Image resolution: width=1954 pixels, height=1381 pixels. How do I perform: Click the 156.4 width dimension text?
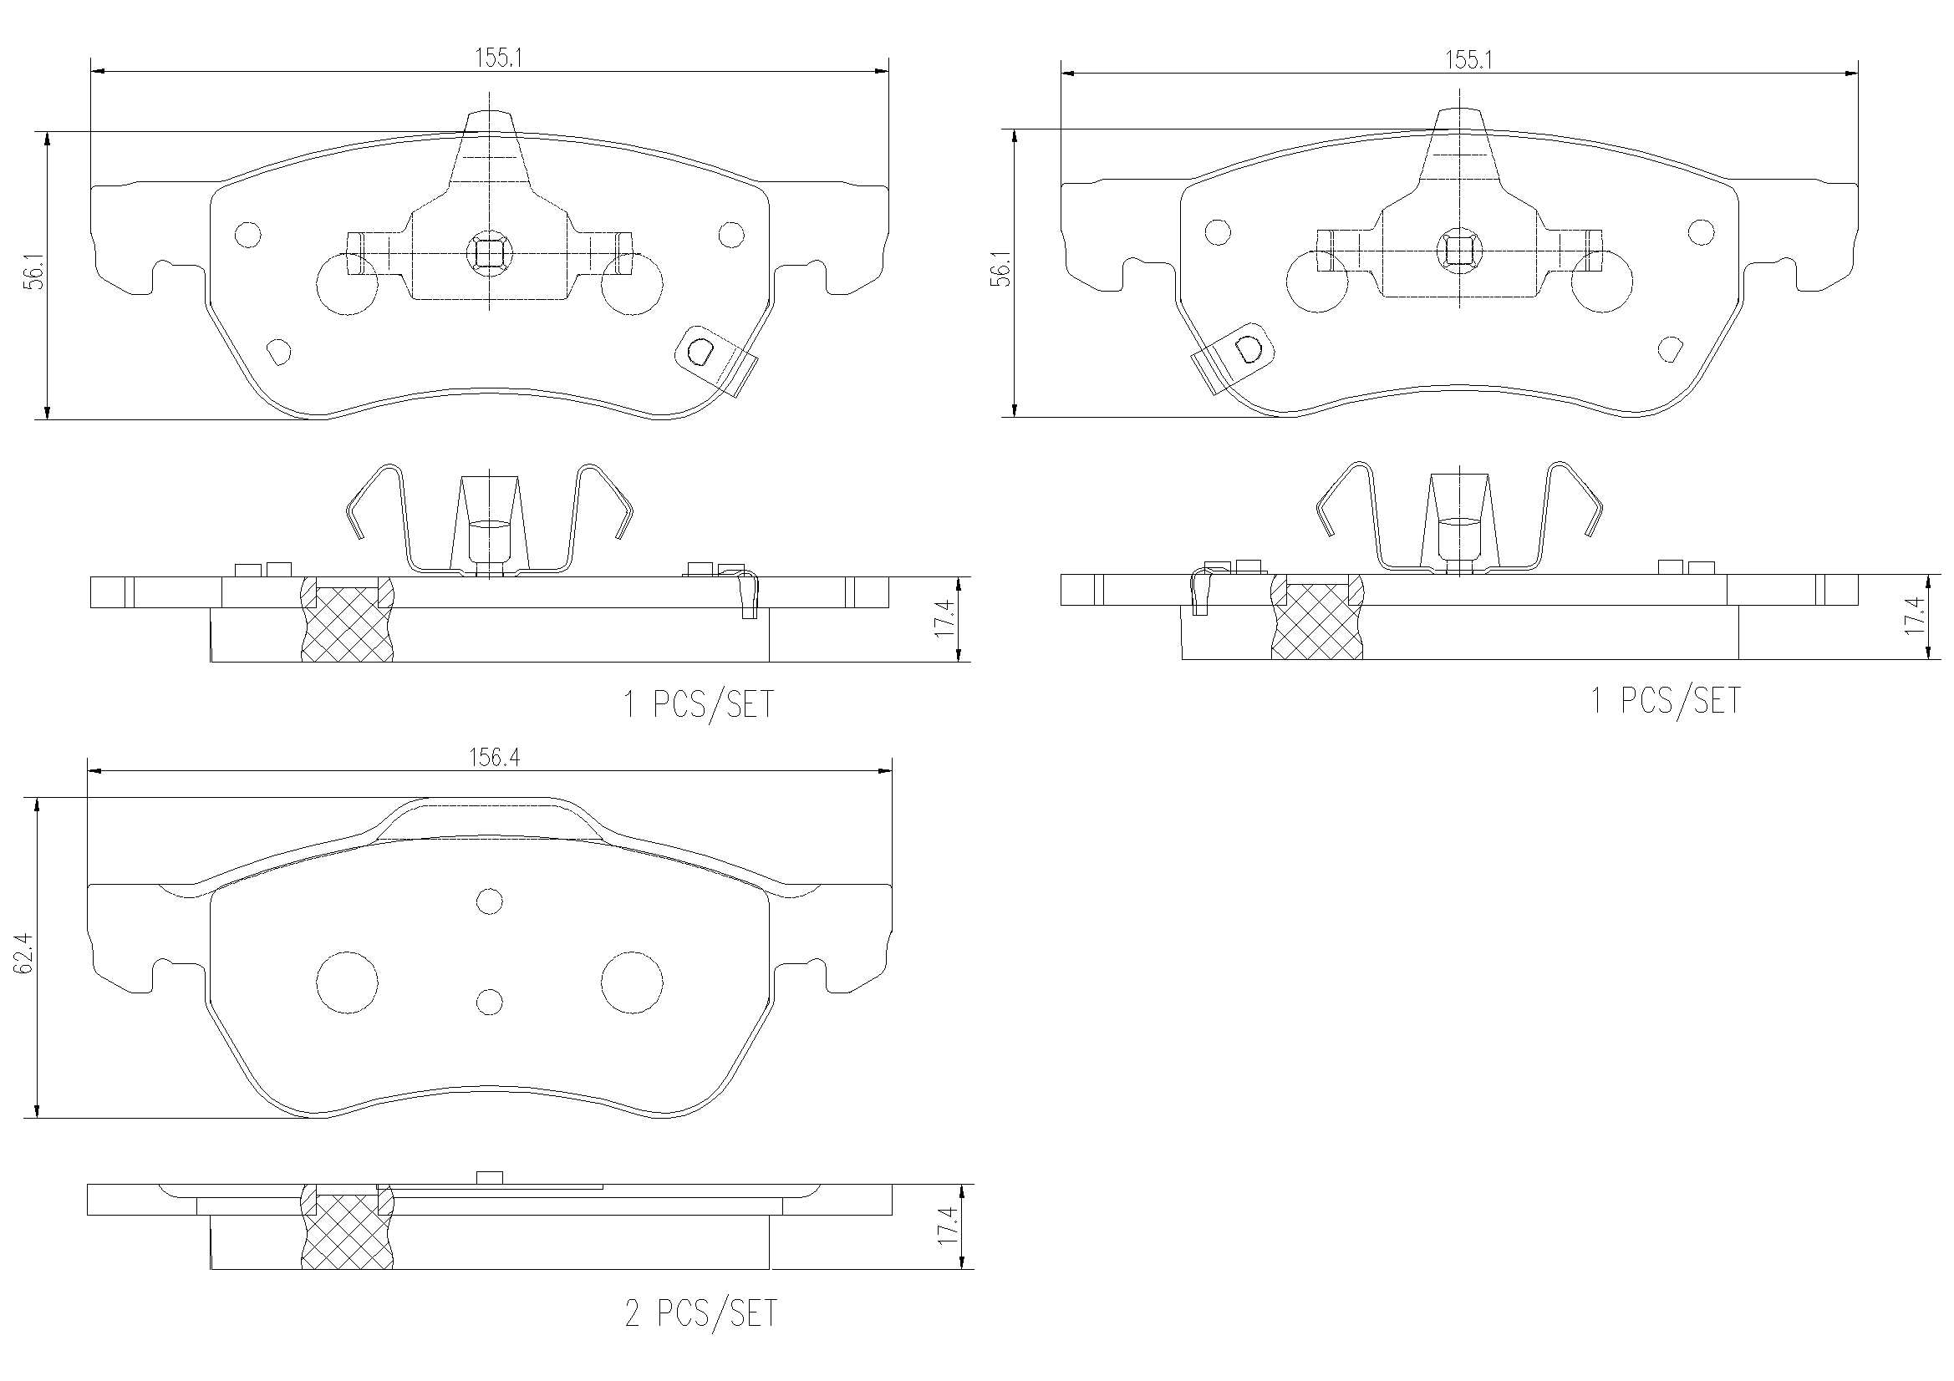(x=495, y=757)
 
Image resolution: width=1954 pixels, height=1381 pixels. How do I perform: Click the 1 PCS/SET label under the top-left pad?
(x=699, y=704)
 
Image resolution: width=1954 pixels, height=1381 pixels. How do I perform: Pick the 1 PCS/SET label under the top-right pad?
(x=1666, y=700)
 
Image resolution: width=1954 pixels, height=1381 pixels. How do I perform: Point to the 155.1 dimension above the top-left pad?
(x=498, y=58)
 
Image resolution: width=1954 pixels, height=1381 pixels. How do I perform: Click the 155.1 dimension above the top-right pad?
(x=1469, y=59)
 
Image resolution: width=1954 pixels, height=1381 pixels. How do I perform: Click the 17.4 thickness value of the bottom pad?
(x=947, y=1227)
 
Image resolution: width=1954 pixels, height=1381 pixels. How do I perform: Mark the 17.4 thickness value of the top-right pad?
(x=1914, y=615)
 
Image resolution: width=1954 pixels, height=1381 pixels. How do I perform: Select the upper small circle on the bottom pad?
(x=490, y=901)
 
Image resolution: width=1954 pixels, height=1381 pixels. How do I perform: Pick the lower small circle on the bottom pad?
(x=490, y=1002)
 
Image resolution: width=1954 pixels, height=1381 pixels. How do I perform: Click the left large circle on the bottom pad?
(x=346, y=982)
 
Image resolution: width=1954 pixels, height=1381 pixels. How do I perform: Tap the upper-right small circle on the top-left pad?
(x=731, y=235)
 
